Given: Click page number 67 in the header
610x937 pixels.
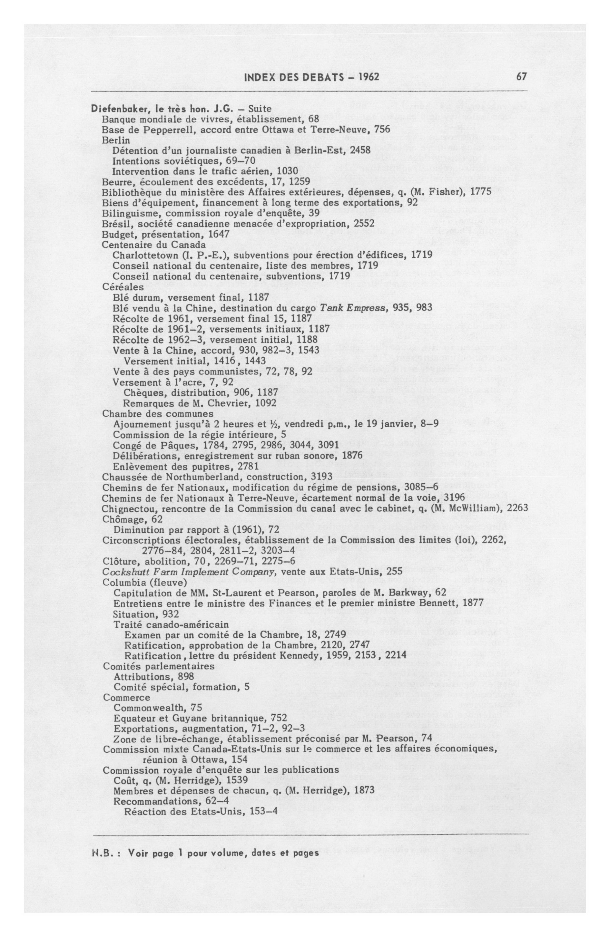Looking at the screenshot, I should [x=521, y=76].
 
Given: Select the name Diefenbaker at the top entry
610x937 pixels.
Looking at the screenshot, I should [x=114, y=108].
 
